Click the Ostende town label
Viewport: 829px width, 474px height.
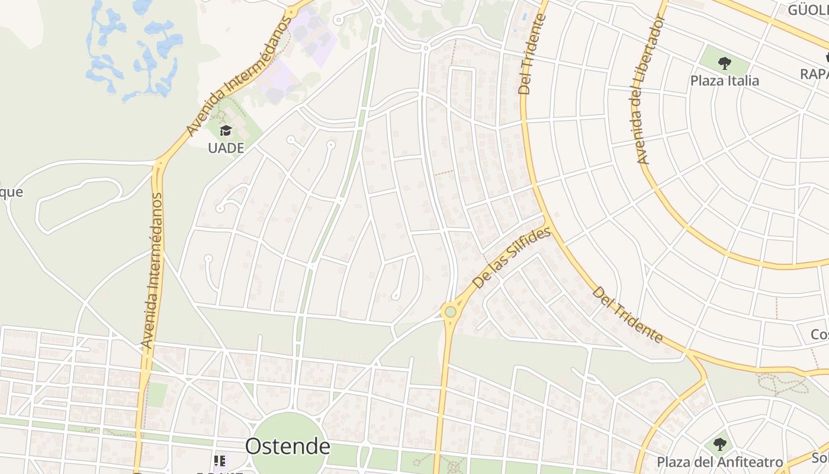tap(287, 446)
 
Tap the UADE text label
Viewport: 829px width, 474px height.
tap(226, 148)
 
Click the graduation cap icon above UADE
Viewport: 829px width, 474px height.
tap(226, 130)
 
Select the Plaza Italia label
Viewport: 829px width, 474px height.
tap(724, 81)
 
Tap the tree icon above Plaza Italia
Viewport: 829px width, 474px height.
tap(724, 63)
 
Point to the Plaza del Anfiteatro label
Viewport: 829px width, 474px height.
tap(719, 462)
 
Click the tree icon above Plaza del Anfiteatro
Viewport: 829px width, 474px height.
tap(719, 444)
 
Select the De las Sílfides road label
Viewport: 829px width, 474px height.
tap(512, 259)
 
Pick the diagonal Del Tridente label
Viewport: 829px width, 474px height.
tap(628, 315)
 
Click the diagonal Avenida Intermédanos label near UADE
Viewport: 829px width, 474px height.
tap(239, 76)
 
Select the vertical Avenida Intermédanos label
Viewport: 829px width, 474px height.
tap(152, 270)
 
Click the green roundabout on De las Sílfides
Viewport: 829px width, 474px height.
tap(450, 311)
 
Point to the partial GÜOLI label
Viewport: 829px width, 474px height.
tap(808, 10)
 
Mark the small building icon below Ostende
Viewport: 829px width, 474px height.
tap(220, 461)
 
